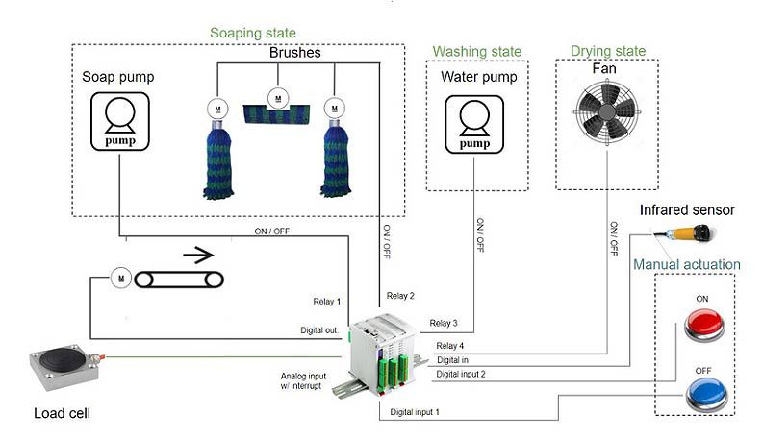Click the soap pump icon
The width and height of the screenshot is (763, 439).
(x=119, y=121)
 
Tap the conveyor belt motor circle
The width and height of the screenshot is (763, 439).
(x=120, y=278)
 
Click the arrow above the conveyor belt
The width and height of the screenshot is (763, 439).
(x=196, y=256)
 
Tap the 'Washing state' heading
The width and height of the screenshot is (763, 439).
(x=477, y=51)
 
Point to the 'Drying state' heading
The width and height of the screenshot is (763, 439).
(x=609, y=50)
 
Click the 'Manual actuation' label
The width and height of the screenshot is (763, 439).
(x=687, y=264)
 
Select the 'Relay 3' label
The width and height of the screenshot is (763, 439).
(x=444, y=323)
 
